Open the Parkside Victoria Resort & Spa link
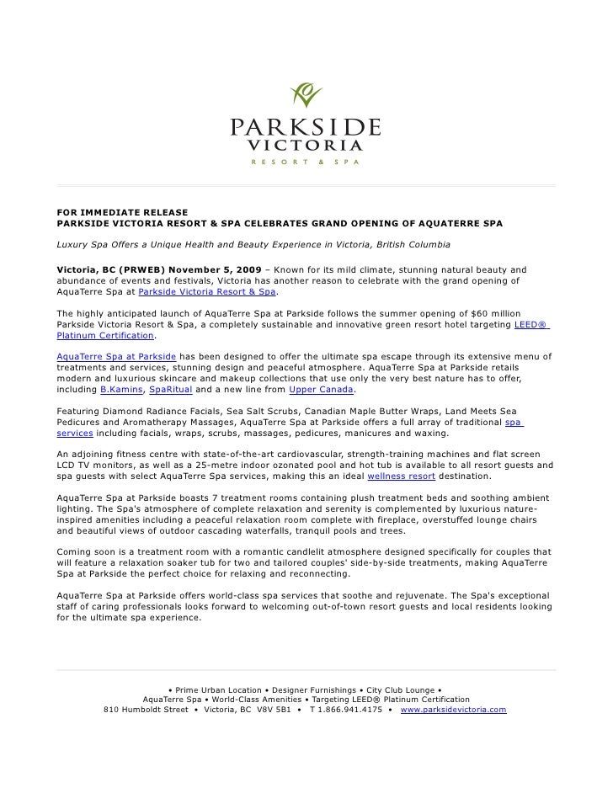tap(206, 291)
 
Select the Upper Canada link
tap(322, 390)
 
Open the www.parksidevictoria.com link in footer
tap(453, 710)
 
